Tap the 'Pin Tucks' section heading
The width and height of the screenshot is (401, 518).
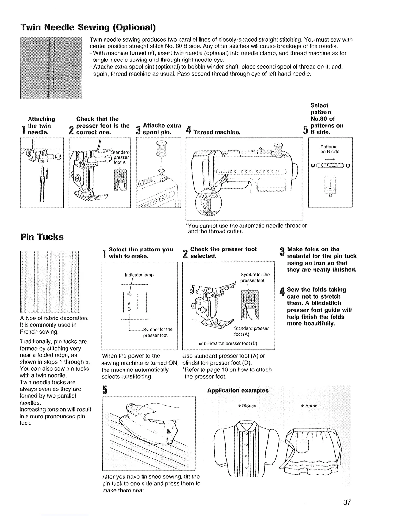42,237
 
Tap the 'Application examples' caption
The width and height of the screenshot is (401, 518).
238,390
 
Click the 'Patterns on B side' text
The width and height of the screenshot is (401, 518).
330,149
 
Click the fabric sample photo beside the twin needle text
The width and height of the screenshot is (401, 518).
50,68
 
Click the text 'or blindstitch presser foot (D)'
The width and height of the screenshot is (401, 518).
228,343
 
